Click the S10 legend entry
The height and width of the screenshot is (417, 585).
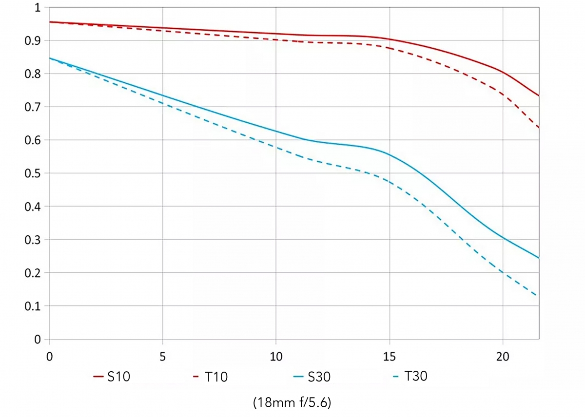coord(112,377)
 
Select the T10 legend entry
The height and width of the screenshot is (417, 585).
coord(210,377)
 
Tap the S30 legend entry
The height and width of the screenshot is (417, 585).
coord(312,377)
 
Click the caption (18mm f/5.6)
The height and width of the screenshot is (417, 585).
coord(292,403)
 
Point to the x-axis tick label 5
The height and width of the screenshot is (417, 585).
coord(163,357)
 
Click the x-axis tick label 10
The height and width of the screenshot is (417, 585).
coord(276,357)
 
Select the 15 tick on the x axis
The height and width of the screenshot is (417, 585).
coord(389,357)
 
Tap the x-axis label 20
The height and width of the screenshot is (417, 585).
coord(503,357)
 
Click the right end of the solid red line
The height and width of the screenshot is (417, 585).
coord(539,96)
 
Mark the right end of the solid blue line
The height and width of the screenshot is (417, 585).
coord(539,258)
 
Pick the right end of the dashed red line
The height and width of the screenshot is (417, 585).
coord(539,129)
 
